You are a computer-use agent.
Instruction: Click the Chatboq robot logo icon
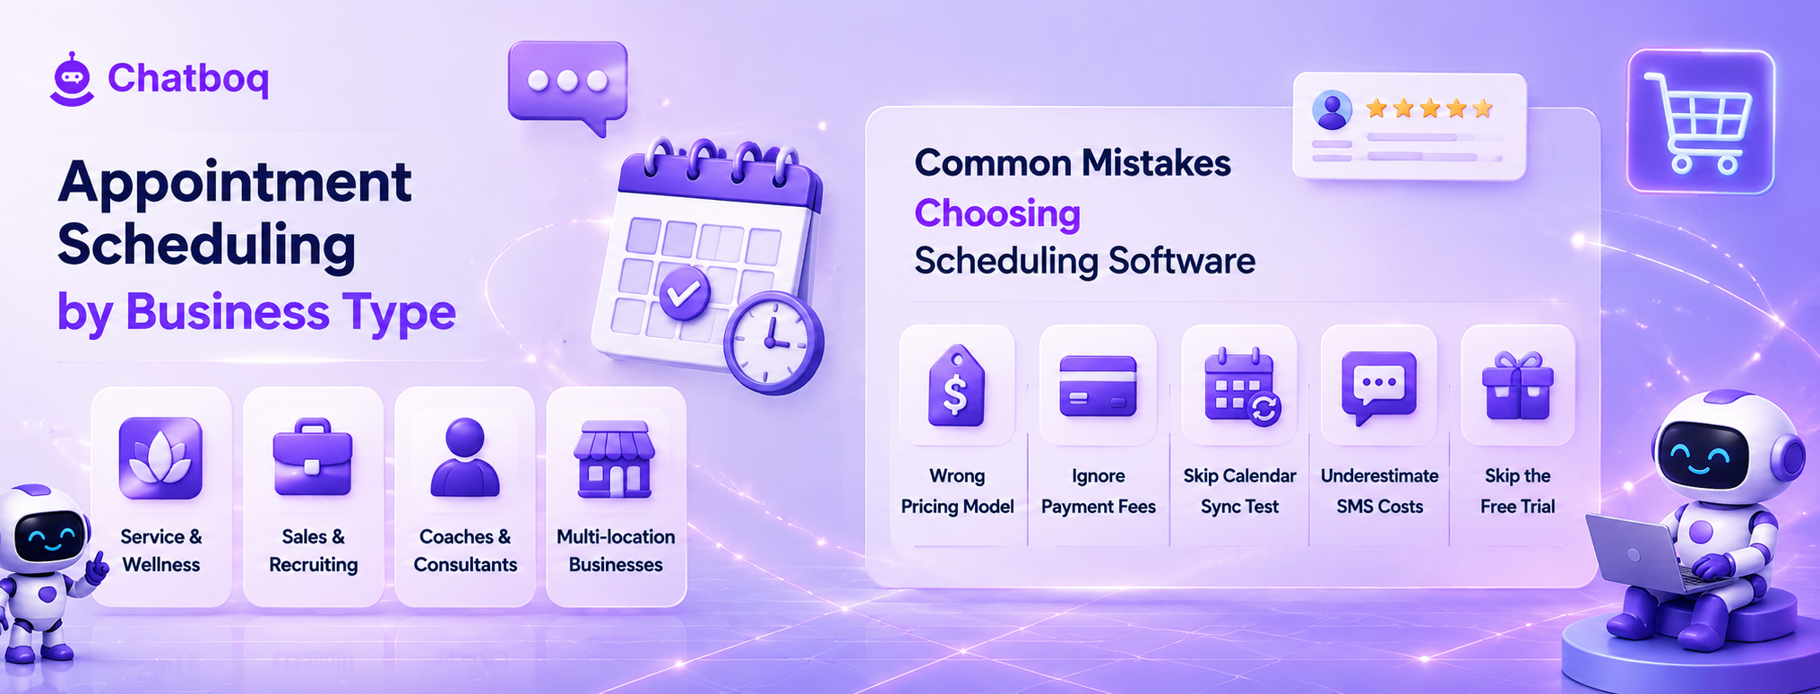click(72, 80)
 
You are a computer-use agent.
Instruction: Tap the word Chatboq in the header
click(188, 79)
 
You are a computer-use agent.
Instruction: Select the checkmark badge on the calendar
click(685, 292)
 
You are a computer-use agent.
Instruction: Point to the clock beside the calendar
click(773, 343)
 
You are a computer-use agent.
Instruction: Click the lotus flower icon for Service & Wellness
click(160, 458)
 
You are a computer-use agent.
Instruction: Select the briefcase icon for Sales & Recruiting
click(313, 456)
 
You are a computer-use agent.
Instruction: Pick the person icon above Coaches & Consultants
click(464, 457)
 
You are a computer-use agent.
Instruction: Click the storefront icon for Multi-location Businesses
click(615, 459)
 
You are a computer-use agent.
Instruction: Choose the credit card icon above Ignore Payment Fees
click(1098, 386)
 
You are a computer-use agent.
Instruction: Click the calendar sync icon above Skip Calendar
click(1242, 386)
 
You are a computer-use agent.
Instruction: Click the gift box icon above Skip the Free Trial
click(1518, 386)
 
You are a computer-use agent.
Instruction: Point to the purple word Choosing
click(997, 213)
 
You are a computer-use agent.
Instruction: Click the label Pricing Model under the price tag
click(957, 507)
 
